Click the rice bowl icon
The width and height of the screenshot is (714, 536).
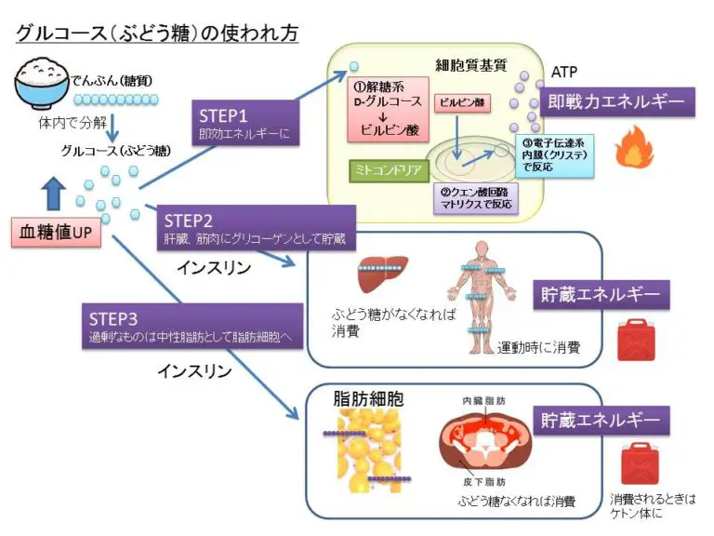tap(44, 84)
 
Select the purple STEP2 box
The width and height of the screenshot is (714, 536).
tap(256, 229)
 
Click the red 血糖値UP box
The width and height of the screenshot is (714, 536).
tap(57, 232)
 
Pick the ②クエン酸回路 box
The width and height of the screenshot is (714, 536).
tap(476, 197)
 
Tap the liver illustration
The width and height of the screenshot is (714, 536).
tap(378, 274)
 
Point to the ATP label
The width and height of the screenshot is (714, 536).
tap(564, 72)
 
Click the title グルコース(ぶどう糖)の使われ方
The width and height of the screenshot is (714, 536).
tap(156, 32)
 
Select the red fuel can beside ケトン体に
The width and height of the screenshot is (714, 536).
tap(639, 462)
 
